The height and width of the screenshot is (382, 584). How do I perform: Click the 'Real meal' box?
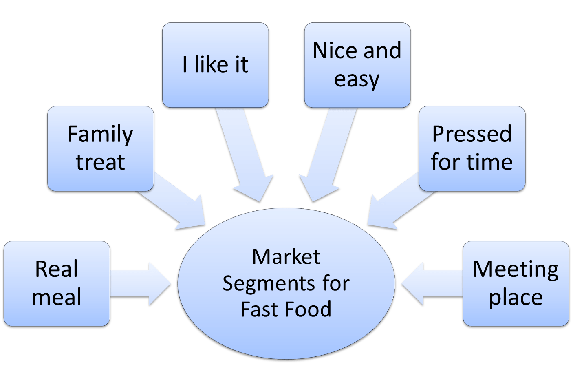(x=57, y=283)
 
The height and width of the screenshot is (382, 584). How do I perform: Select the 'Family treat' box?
(x=100, y=148)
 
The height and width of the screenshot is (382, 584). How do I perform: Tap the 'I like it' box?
(x=215, y=65)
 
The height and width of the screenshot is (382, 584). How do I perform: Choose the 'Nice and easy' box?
(x=357, y=65)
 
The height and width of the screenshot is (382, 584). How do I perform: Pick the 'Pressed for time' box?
(x=472, y=148)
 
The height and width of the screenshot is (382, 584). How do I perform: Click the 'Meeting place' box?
(x=516, y=283)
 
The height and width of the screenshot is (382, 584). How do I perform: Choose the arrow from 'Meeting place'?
(x=432, y=284)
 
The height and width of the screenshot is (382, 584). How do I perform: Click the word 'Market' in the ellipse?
(x=286, y=257)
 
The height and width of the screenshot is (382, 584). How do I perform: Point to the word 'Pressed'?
(x=472, y=134)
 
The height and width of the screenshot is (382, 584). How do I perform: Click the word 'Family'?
(x=100, y=135)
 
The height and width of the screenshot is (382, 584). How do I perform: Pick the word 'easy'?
(x=357, y=79)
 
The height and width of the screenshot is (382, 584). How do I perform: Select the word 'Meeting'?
(x=516, y=269)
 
